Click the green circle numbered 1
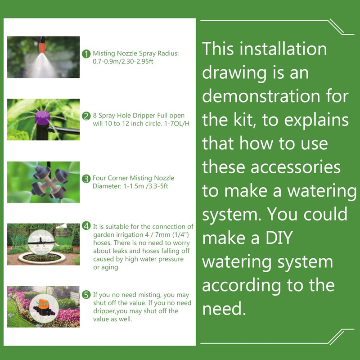(86, 54)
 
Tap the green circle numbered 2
(86, 116)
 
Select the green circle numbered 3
(86, 179)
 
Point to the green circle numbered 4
(86, 226)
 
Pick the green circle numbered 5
(86, 296)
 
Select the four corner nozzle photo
(43, 182)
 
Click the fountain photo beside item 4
(43, 243)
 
